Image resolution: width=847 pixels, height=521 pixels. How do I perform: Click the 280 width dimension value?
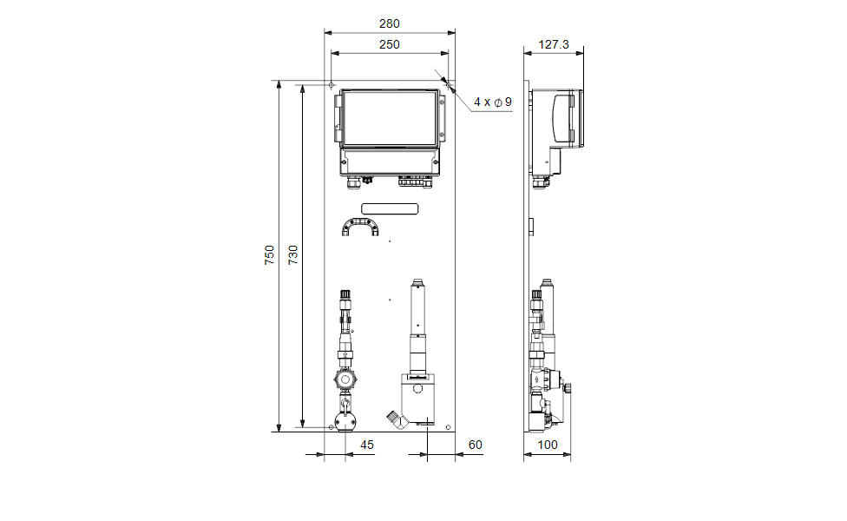point(389,23)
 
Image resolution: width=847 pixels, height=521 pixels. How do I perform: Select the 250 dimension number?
point(389,45)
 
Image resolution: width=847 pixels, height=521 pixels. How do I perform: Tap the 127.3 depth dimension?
point(554,44)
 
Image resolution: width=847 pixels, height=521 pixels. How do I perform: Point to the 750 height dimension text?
point(270,254)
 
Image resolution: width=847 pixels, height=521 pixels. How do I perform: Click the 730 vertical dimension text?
point(292,254)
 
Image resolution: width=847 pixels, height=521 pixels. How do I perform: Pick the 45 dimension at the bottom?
point(367,445)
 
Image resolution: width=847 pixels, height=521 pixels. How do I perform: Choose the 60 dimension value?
point(475,445)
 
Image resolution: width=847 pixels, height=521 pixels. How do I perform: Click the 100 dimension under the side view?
point(548,445)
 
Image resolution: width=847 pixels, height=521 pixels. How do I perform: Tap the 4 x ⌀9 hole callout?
point(493,102)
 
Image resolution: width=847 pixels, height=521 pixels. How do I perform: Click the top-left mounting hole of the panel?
point(332,85)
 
